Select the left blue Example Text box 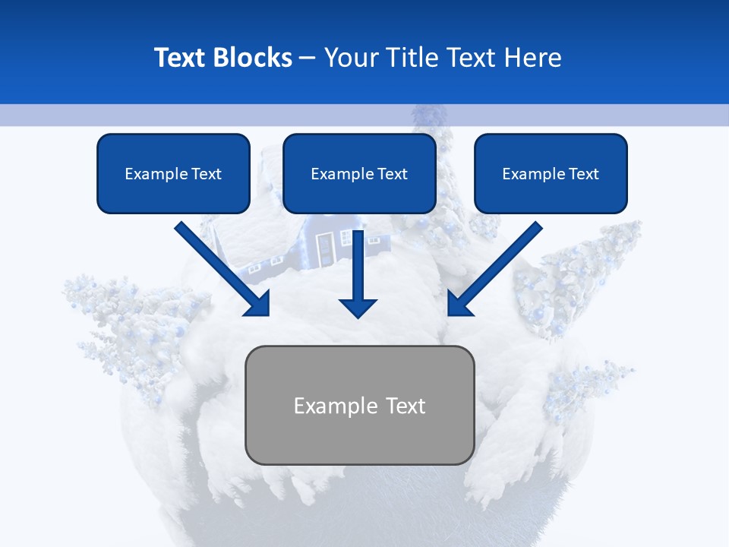[173, 174]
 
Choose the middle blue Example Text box [359, 174]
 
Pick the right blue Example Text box [551, 174]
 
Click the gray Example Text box [360, 405]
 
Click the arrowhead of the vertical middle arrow [358, 307]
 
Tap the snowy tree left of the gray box [129, 327]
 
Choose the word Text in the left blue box [207, 174]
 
